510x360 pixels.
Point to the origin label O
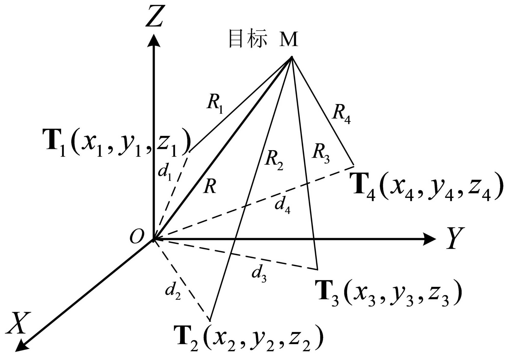[x=137, y=237]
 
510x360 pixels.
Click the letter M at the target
[x=289, y=39]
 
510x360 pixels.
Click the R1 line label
[x=215, y=103]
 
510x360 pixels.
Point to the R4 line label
[x=341, y=114]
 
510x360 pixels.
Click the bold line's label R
[x=210, y=186]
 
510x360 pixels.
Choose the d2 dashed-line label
[x=173, y=291]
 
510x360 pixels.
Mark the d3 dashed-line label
[x=259, y=273]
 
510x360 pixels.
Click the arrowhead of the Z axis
[x=154, y=41]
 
